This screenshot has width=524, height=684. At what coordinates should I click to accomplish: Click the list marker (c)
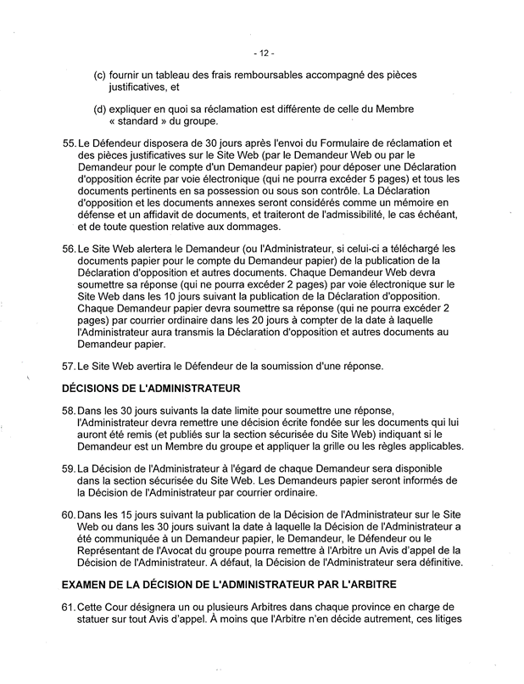coord(100,75)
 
